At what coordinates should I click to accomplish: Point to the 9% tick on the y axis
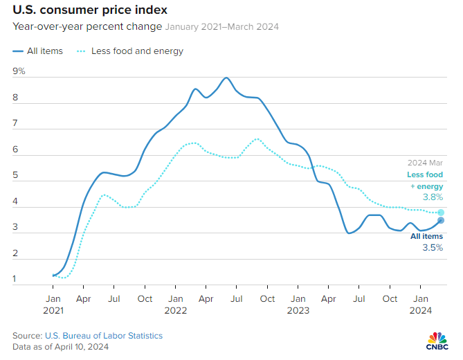coord(19,71)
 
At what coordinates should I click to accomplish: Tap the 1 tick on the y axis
coord(15,279)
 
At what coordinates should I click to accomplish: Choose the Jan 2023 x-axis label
coord(298,305)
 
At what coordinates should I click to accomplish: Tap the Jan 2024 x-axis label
coord(420,305)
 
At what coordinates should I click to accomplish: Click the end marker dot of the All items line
coord(441,220)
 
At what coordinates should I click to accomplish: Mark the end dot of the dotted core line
coord(441,212)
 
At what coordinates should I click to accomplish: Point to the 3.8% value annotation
coord(433,197)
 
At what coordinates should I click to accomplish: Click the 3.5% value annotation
coord(433,246)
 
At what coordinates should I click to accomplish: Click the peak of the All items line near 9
coord(226,78)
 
